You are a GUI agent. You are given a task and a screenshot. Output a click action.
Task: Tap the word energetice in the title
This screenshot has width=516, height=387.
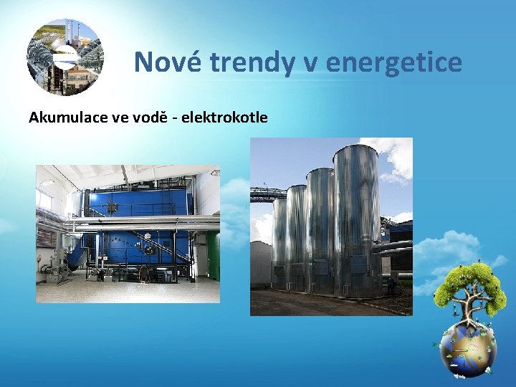[393, 62]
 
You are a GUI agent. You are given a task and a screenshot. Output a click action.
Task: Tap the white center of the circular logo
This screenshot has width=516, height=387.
[66, 56]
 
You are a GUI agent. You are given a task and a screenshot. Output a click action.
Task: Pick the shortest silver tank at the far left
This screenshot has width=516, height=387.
[279, 244]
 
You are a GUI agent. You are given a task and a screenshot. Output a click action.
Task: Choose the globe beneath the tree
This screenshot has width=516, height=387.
[467, 350]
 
